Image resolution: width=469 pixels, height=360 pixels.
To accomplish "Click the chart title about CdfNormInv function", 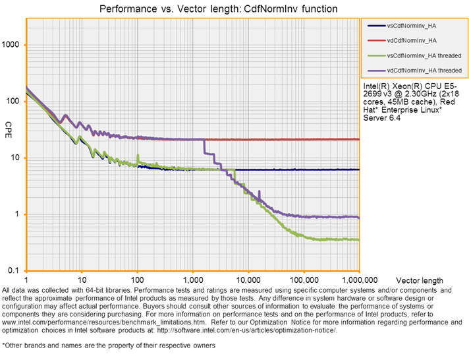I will [x=219, y=9].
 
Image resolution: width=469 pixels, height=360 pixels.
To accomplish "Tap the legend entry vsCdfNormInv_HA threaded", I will [x=424, y=55].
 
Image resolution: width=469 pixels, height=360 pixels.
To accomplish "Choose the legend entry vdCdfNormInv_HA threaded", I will [x=424, y=70].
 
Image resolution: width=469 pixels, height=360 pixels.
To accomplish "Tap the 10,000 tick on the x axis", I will [x=248, y=278].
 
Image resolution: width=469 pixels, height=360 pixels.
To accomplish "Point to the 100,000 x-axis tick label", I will [x=303, y=278].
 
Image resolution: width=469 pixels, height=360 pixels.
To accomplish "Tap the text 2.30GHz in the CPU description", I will [x=418, y=94].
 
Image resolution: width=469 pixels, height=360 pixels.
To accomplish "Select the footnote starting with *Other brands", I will [x=109, y=345].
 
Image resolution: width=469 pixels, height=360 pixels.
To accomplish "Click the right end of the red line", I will [x=358, y=139].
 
